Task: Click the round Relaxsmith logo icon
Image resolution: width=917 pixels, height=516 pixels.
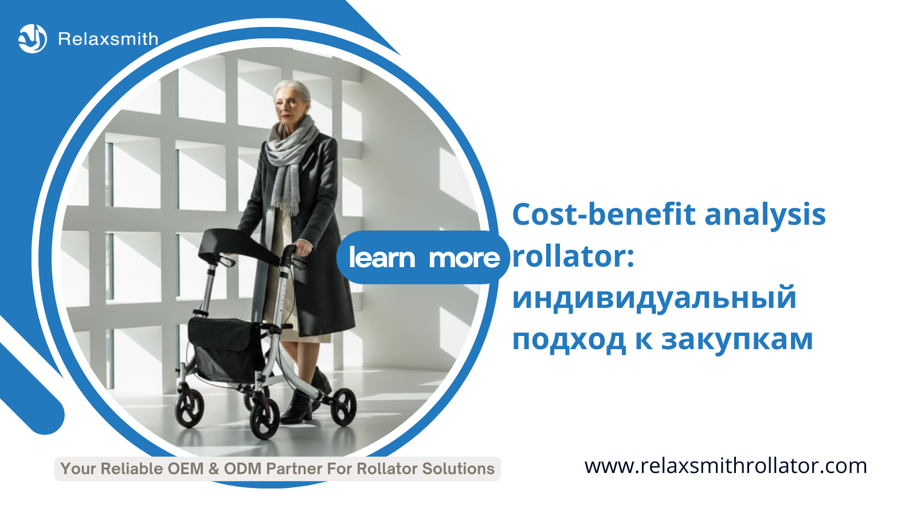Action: point(33,39)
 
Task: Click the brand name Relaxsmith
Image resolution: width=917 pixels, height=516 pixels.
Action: point(108,40)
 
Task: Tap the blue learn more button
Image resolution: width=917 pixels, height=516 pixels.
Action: point(423,257)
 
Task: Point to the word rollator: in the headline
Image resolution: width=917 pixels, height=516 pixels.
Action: point(573,256)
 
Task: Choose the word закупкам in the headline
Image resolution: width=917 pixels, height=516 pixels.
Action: point(737,339)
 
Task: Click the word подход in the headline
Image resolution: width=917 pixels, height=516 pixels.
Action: point(569,341)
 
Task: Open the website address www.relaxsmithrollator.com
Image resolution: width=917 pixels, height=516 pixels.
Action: point(726,467)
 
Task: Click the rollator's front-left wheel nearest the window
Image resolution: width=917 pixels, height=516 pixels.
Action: point(189,408)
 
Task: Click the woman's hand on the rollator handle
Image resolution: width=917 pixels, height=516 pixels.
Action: point(303,247)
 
